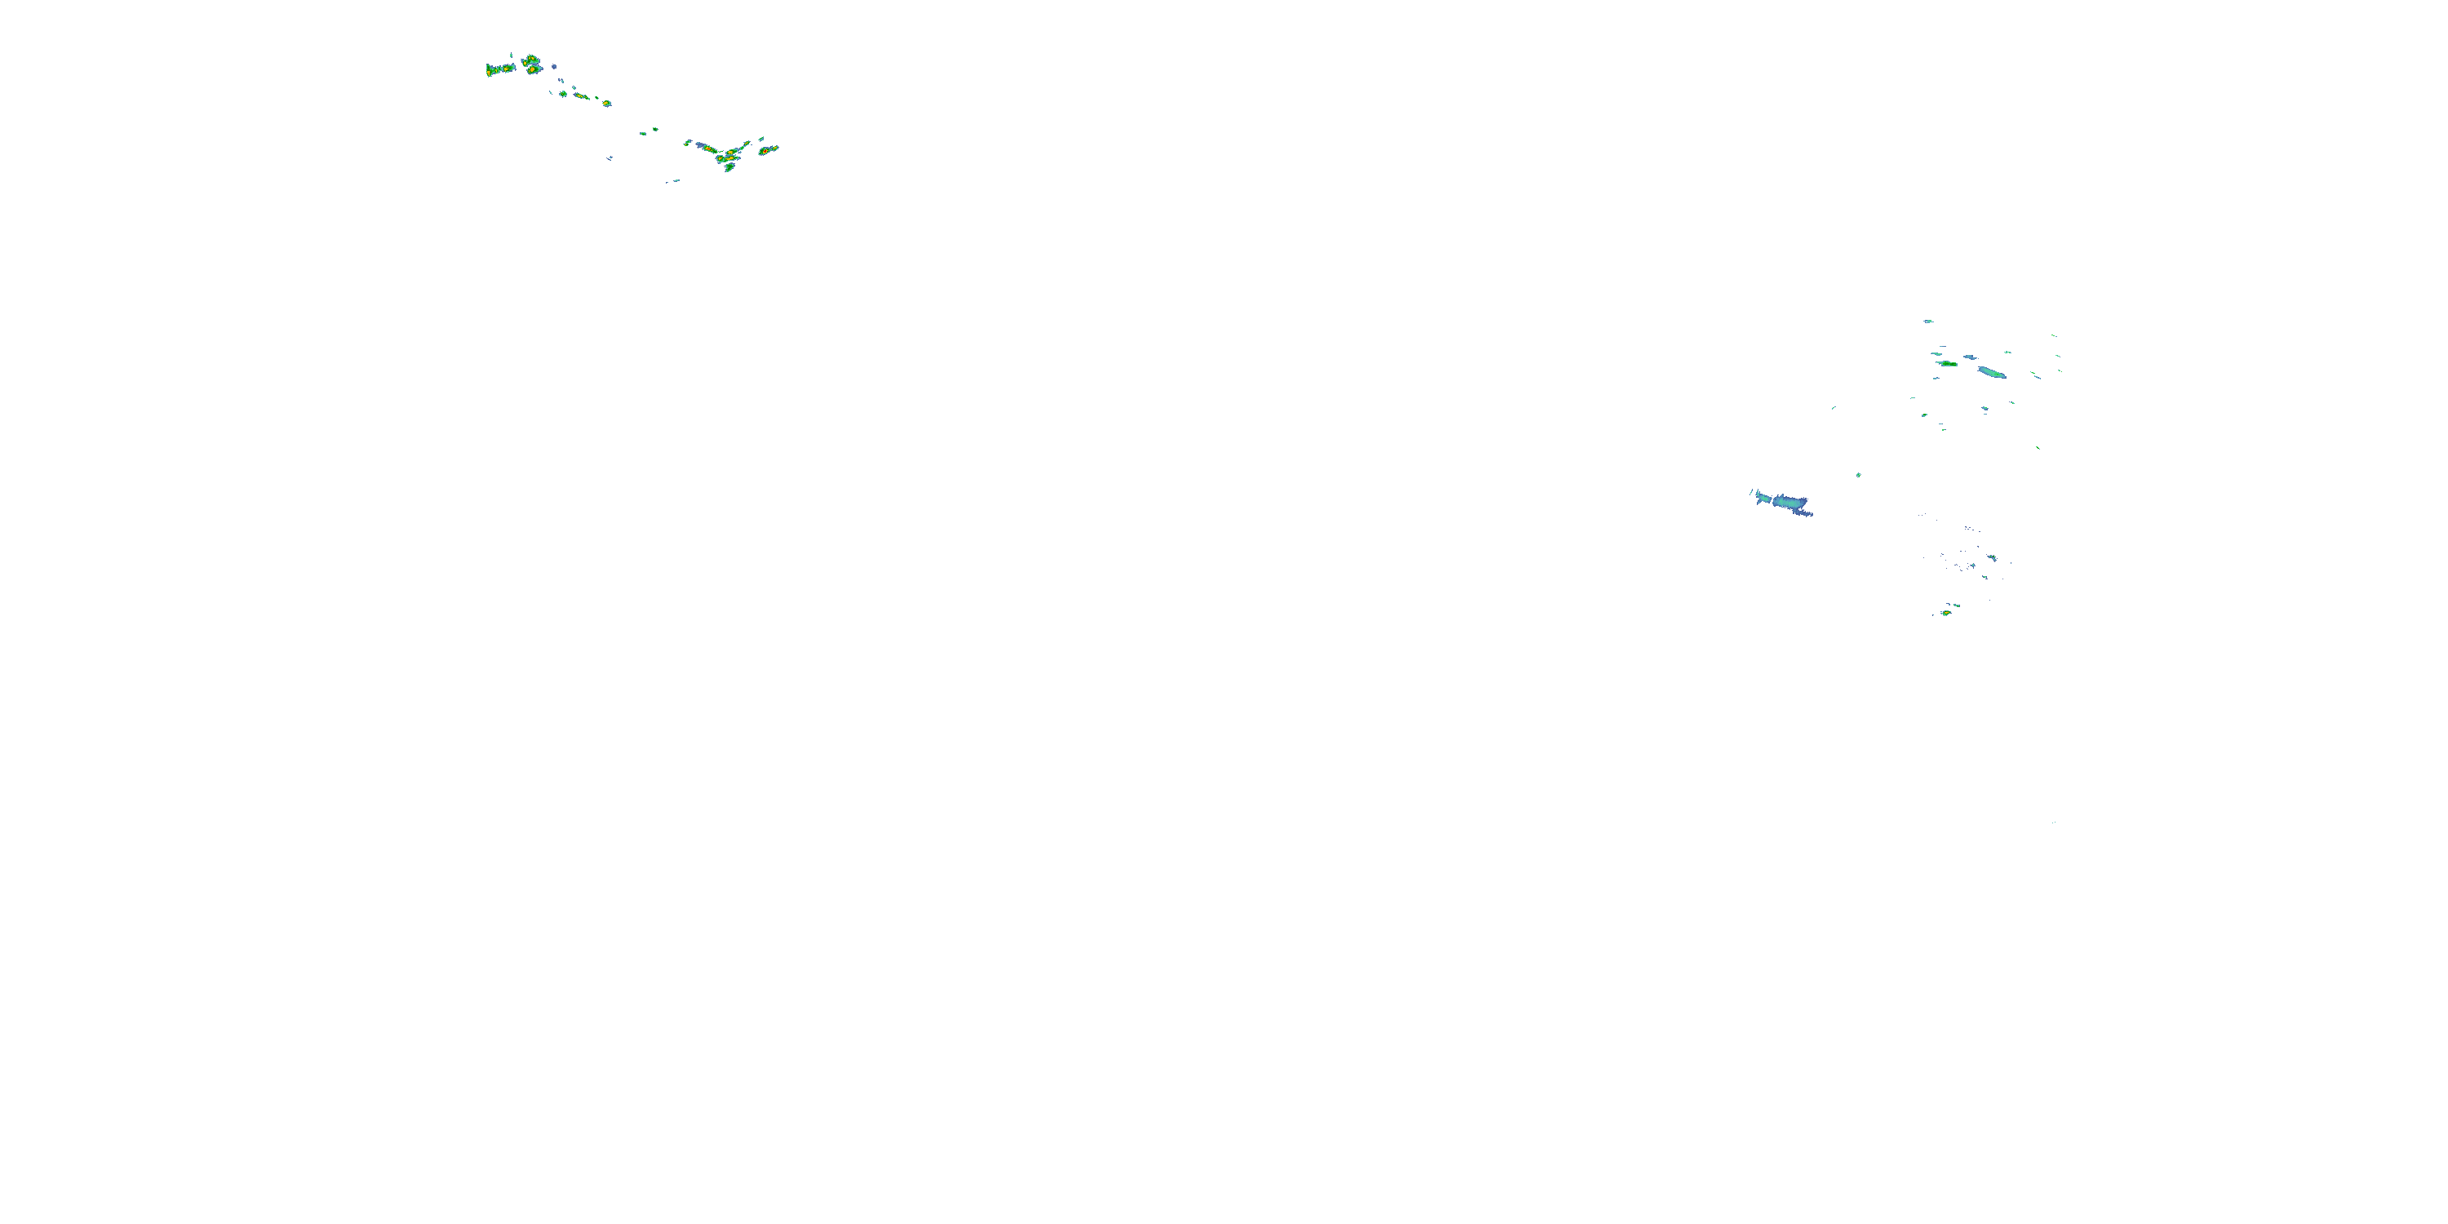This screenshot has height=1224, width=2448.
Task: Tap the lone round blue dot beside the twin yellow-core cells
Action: tap(554, 68)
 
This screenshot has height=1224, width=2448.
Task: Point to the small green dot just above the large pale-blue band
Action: tap(1859, 475)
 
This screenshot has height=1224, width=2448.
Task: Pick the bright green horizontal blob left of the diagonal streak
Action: tap(1948, 364)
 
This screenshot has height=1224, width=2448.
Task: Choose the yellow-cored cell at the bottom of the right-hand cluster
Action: tap(1946, 613)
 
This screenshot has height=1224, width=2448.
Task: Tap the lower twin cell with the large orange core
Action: tap(532, 70)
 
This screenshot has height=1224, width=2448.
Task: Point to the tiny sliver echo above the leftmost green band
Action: tap(512, 56)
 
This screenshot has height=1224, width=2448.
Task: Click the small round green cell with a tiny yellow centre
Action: tap(564, 94)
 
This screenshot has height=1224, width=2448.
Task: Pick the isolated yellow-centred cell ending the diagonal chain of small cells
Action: tap(606, 104)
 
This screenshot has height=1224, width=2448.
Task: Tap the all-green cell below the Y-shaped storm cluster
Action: tap(729, 167)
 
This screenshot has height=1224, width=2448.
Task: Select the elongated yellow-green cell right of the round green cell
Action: tap(579, 96)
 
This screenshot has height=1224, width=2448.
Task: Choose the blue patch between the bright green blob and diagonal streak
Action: tap(1970, 357)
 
